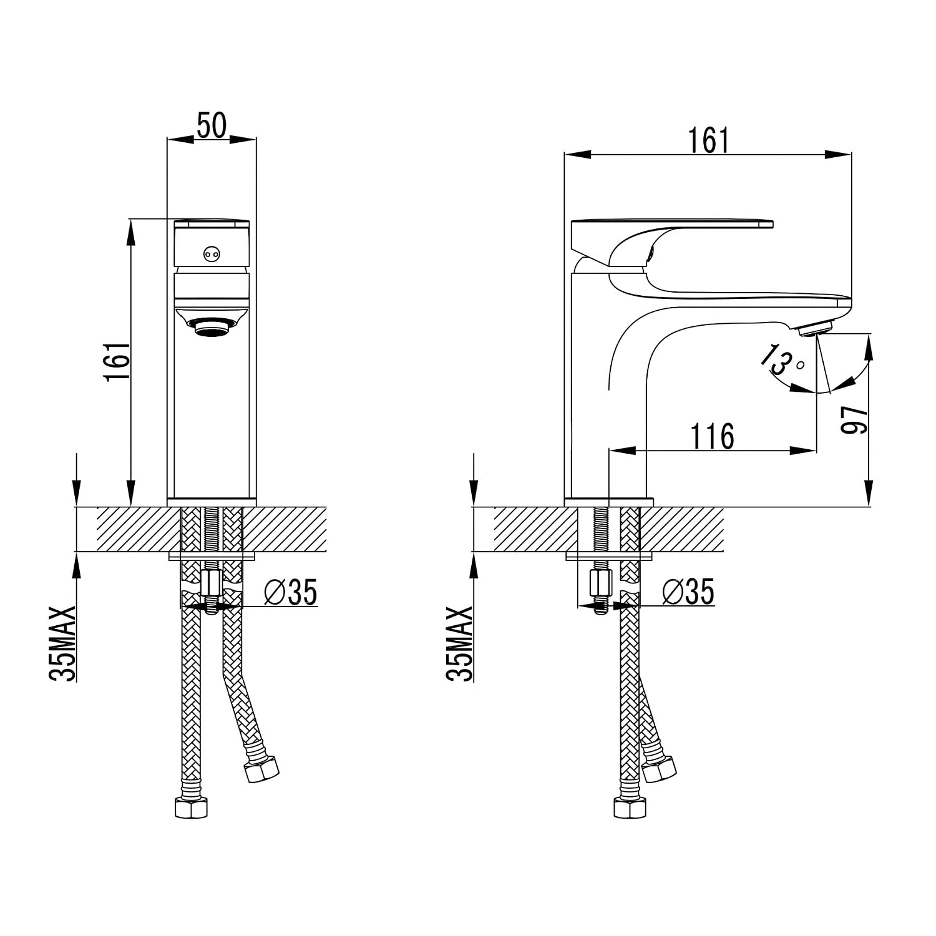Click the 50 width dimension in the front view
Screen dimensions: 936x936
pyautogui.click(x=212, y=125)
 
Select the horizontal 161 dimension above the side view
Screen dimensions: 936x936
pyautogui.click(x=708, y=140)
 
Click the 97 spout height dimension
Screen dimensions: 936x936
pyautogui.click(x=854, y=419)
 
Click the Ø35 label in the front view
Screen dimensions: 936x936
pyautogui.click(x=291, y=592)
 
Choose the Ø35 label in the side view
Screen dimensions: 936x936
pyautogui.click(x=688, y=592)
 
